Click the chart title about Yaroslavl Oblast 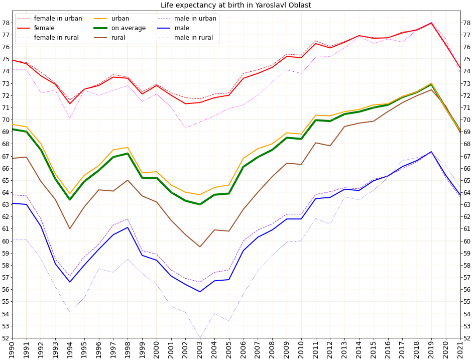pyautogui.click(x=235, y=6)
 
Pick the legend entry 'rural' pyautogui.click(x=118, y=38)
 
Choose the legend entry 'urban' pyautogui.click(x=120, y=19)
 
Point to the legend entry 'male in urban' pyautogui.click(x=195, y=19)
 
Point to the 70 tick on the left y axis pyautogui.click(x=6, y=120)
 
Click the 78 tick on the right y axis pyautogui.click(x=466, y=23)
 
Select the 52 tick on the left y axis pyautogui.click(x=6, y=338)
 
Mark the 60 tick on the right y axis pyautogui.click(x=466, y=241)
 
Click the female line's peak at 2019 pyautogui.click(x=431, y=23)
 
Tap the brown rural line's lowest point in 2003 pyautogui.click(x=200, y=247)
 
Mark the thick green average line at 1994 pyautogui.click(x=70, y=199)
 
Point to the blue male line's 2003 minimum pyautogui.click(x=200, y=292)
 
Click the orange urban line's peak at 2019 pyautogui.click(x=431, y=83)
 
